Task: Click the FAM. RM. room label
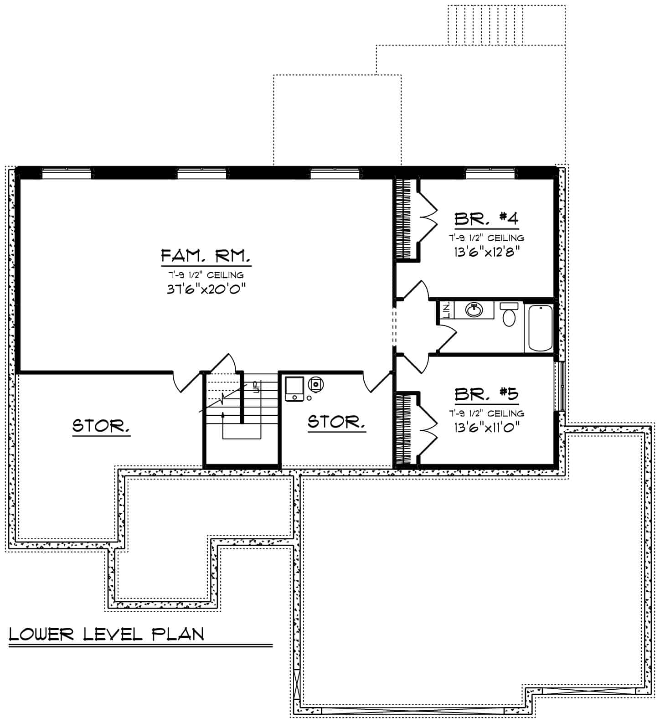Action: [206, 256]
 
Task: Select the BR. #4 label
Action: [486, 218]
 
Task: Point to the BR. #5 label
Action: [486, 394]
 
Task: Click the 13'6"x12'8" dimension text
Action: [486, 252]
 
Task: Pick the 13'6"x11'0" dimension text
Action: [486, 427]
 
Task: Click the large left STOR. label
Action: [101, 426]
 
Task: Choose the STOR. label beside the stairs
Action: [336, 422]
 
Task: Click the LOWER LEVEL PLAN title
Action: [106, 634]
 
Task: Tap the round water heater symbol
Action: [315, 384]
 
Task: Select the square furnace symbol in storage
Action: [294, 389]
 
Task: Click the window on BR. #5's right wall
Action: [561, 387]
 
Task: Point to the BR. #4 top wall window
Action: [491, 172]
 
